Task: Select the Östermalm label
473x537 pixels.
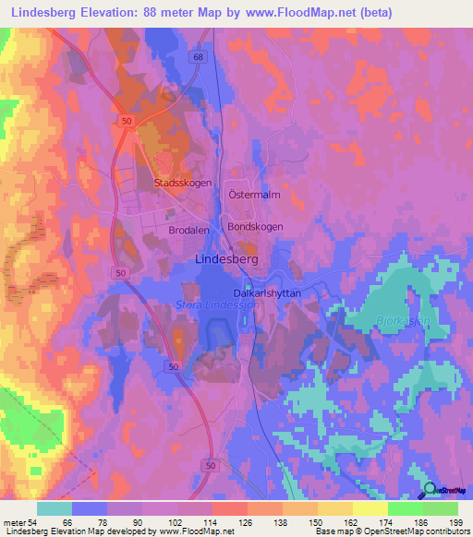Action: click(x=253, y=196)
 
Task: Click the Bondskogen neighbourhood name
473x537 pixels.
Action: click(x=255, y=226)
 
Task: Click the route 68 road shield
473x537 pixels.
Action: click(x=199, y=57)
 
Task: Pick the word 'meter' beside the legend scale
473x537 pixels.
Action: click(x=13, y=522)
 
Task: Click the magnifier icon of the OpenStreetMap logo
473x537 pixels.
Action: click(x=431, y=491)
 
